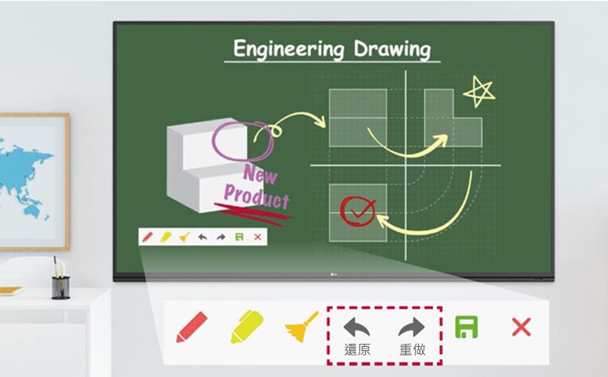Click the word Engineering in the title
289,50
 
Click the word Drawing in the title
392,50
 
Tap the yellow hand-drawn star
479,92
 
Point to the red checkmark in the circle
358,209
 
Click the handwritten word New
260,174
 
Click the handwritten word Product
256,194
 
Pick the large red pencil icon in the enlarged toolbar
192,327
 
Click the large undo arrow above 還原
357,326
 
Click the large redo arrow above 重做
412,326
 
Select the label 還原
357,349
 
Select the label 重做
412,349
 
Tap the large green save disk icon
466,326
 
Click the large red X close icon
521,326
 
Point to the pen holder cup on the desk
61,286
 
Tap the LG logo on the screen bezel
332,275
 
